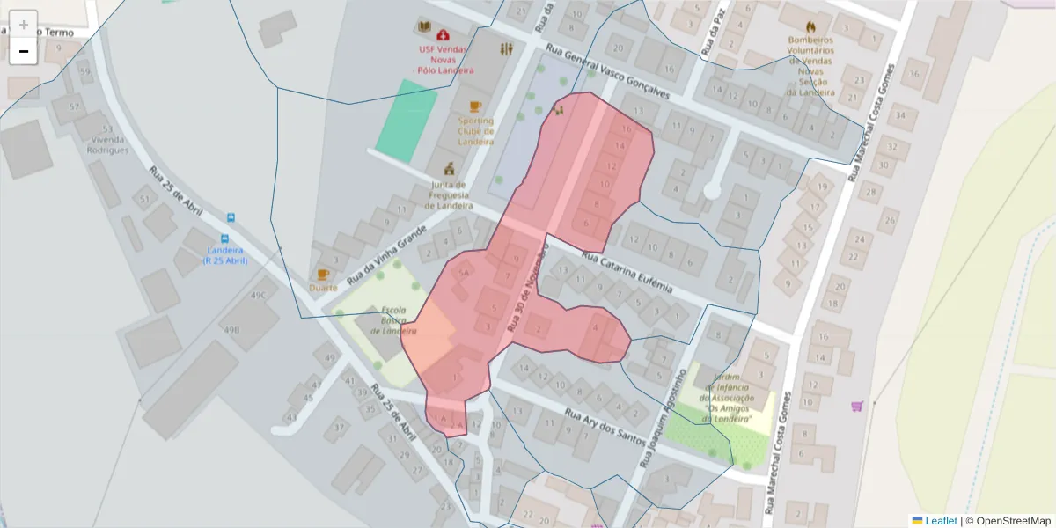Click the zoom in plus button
point(24,25)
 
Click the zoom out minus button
point(24,51)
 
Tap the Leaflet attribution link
point(941,521)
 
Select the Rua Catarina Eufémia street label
point(627,274)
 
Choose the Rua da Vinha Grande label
point(387,253)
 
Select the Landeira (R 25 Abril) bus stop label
point(224,254)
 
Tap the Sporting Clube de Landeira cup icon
point(475,106)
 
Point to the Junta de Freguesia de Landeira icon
point(449,168)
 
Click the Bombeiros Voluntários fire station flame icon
point(810,26)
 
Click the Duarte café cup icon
point(323,275)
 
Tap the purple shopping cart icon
point(857,406)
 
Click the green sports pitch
point(407,121)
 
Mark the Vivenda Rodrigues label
point(107,144)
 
